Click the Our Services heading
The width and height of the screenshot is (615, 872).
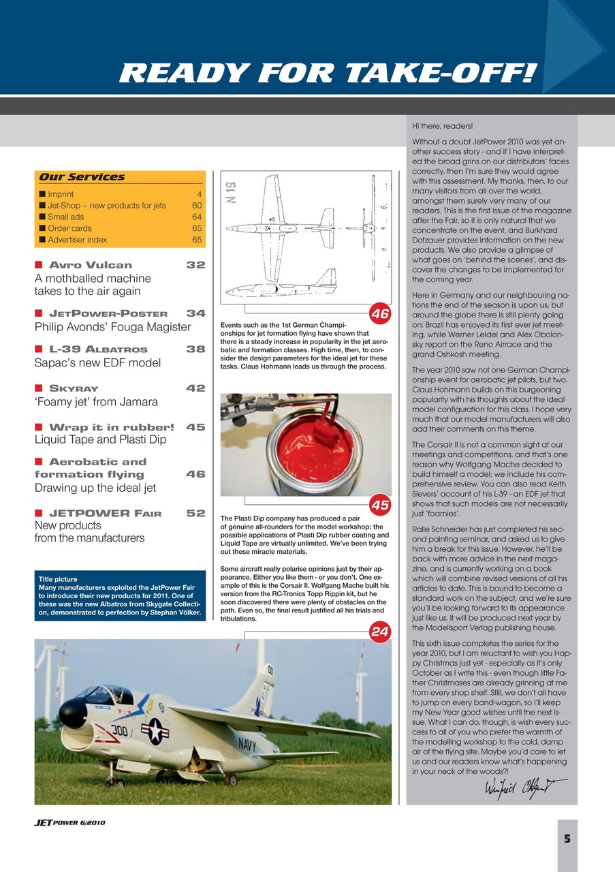82,177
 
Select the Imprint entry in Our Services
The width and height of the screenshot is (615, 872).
61,194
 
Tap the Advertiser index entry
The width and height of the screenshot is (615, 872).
77,240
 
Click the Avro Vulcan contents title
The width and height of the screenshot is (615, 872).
91,265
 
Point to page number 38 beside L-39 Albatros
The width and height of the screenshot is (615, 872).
195,349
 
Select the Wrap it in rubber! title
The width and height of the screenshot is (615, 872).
111,428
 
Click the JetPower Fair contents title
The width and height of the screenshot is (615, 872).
105,513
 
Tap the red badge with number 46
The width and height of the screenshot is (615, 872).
379,314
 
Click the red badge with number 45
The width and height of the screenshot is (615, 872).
379,505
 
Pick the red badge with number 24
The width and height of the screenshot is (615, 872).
379,632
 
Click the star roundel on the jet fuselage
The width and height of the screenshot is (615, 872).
155,730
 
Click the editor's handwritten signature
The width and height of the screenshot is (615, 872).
516,788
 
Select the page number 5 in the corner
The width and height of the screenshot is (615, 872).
567,839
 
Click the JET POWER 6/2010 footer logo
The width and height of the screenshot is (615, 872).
69,822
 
